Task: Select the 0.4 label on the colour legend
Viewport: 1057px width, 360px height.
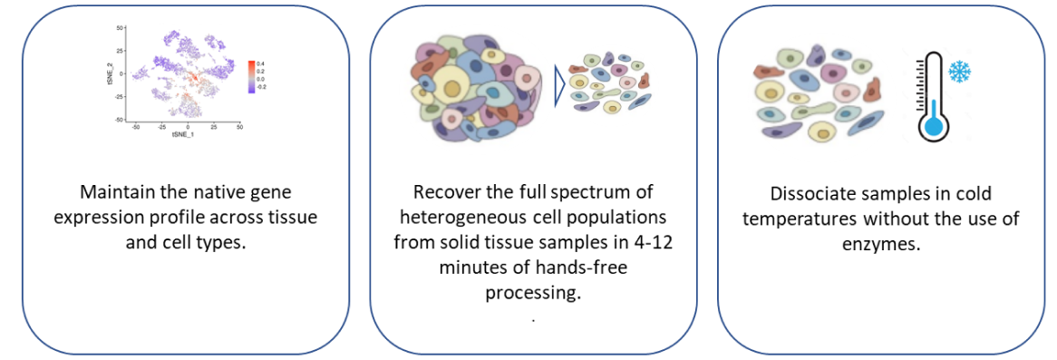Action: pyautogui.click(x=262, y=63)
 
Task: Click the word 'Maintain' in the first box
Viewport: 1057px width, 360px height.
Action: pyautogui.click(x=114, y=193)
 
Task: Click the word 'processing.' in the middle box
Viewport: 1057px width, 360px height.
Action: pyautogui.click(x=533, y=294)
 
